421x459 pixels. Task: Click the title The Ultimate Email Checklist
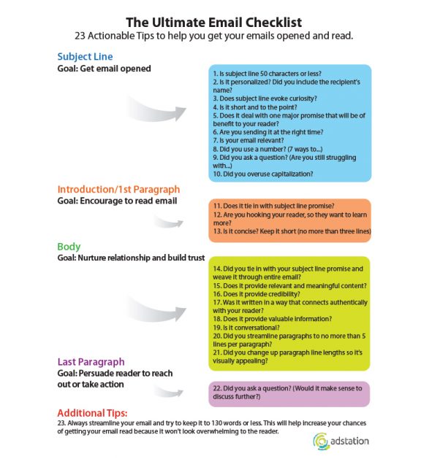213,23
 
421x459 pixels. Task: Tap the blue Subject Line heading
85,56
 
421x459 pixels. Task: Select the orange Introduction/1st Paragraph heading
118,190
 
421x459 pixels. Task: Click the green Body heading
69,247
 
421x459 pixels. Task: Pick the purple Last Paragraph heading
91,361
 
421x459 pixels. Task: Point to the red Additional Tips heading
93,412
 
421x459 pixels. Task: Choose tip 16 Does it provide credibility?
259,292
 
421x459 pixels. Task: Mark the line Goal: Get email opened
104,69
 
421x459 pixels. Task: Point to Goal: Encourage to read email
117,201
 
